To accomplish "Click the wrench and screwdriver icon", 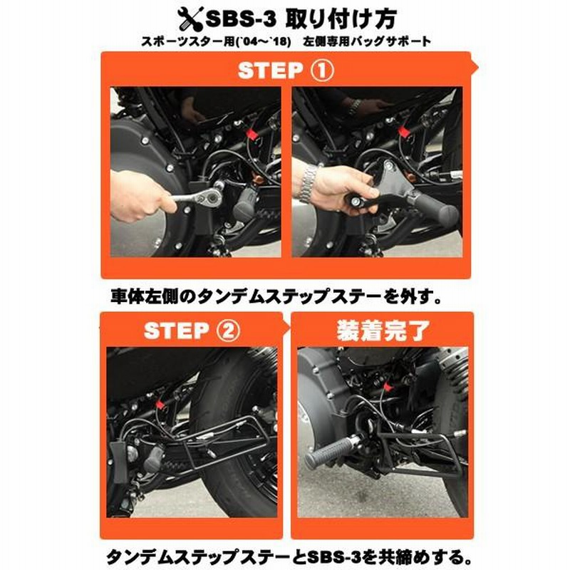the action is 190,20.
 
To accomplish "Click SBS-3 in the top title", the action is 241,20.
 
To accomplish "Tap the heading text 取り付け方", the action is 341,19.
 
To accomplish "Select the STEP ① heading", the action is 286,70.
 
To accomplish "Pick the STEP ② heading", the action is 192,331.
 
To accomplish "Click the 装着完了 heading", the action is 383,330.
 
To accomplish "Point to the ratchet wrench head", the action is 204,197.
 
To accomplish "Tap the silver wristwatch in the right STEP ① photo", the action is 308,181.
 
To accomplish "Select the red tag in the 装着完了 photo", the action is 387,386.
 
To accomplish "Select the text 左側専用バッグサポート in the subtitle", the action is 368,41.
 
